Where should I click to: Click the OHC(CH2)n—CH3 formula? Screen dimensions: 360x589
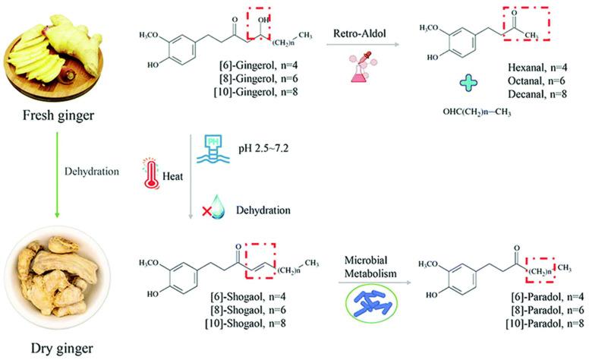click(x=481, y=112)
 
